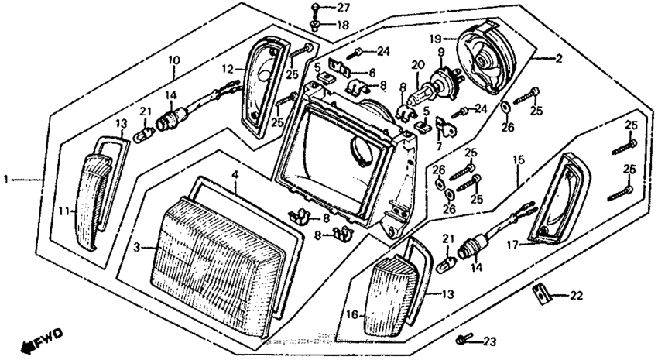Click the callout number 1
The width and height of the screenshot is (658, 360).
[6, 179]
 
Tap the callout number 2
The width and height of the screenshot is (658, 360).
[558, 58]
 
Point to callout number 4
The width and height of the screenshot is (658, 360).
[235, 176]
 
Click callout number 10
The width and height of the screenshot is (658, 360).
[173, 60]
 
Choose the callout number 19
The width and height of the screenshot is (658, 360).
[435, 37]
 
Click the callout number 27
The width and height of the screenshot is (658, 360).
[343, 8]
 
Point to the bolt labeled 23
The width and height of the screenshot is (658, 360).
[462, 339]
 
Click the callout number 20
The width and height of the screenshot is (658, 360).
[419, 65]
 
